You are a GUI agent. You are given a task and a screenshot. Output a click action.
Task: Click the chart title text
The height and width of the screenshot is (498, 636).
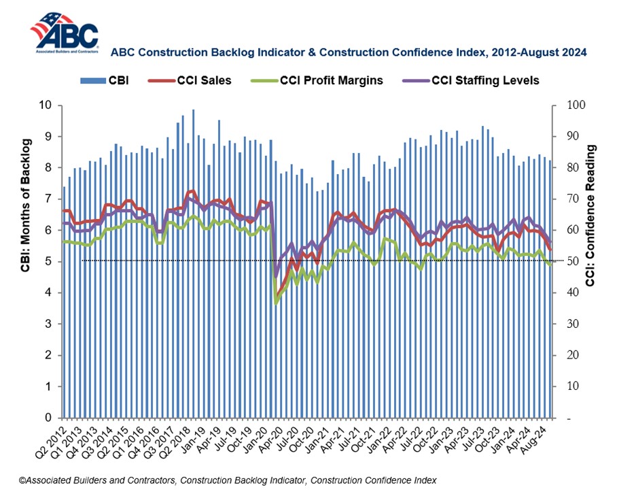348,52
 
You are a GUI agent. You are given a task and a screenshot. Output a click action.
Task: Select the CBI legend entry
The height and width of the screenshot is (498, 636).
109,80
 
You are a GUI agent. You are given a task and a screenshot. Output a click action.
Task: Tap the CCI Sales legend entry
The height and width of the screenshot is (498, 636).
196,80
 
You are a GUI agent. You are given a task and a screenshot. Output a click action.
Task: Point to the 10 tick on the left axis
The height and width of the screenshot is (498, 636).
46,105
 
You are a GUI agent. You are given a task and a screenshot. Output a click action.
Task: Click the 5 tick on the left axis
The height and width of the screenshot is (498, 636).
48,262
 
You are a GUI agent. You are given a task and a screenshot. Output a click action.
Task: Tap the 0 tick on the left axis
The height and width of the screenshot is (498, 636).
48,418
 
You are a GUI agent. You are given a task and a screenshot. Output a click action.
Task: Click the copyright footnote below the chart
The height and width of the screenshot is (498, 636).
228,480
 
